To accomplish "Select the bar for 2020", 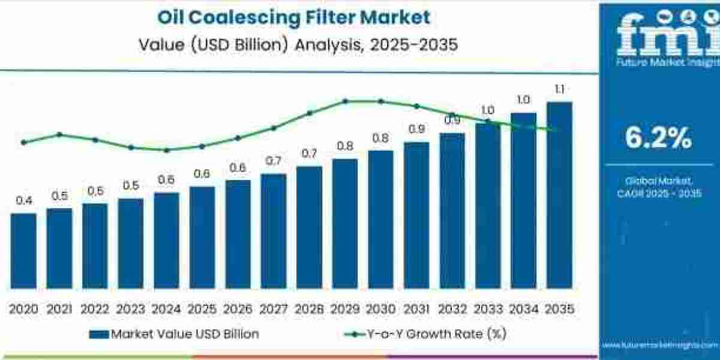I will [23, 250].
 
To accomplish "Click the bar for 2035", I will [559, 195].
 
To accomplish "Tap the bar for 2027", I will [273, 231].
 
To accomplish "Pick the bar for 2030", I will [380, 219].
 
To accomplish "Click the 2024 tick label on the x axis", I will [166, 309].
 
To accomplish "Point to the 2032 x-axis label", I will [452, 309].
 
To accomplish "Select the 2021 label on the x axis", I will [59, 309].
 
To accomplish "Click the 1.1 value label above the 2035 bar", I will [559, 90].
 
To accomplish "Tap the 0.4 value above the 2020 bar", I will [23, 201].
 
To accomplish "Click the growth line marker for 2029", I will [345, 101].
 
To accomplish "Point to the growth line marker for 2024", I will [166, 150].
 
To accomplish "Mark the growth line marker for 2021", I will [59, 134].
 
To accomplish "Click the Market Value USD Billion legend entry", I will [174, 334].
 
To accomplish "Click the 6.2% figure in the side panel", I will [658, 139].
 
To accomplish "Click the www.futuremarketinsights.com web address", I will [660, 346].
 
